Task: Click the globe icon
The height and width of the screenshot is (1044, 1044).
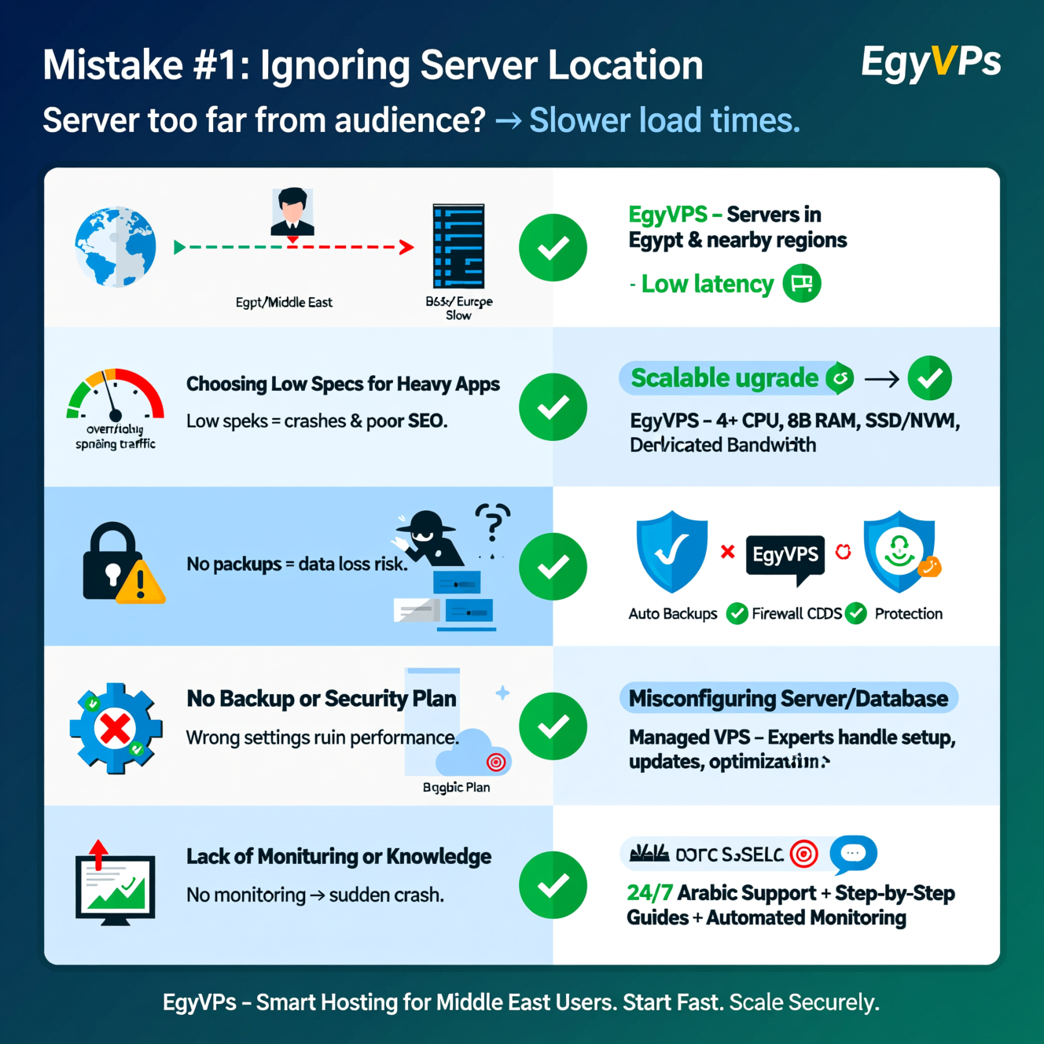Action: [x=116, y=247]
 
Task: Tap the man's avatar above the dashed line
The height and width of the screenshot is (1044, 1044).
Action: [x=292, y=211]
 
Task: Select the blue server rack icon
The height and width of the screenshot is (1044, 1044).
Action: [x=458, y=246]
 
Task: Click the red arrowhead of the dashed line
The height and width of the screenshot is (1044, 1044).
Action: [x=406, y=248]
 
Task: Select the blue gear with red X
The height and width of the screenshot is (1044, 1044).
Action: [x=116, y=728]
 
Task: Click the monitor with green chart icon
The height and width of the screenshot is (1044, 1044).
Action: [x=115, y=884]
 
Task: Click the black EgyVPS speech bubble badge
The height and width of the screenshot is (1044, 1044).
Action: [x=785, y=557]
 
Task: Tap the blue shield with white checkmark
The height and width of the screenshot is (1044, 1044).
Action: [x=671, y=550]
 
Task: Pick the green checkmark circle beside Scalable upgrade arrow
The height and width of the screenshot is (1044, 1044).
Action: [x=929, y=378]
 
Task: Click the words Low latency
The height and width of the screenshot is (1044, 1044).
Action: [x=708, y=284]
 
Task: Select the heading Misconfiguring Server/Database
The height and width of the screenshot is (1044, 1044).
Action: [x=788, y=698]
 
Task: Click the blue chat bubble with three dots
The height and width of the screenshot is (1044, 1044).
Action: [x=853, y=854]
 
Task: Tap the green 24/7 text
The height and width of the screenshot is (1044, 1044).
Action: [x=649, y=893]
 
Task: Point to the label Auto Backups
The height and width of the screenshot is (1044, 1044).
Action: [x=672, y=614]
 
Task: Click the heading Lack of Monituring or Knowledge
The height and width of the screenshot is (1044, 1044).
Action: [x=339, y=856]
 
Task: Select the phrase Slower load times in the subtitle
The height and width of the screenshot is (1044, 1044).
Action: [x=664, y=120]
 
